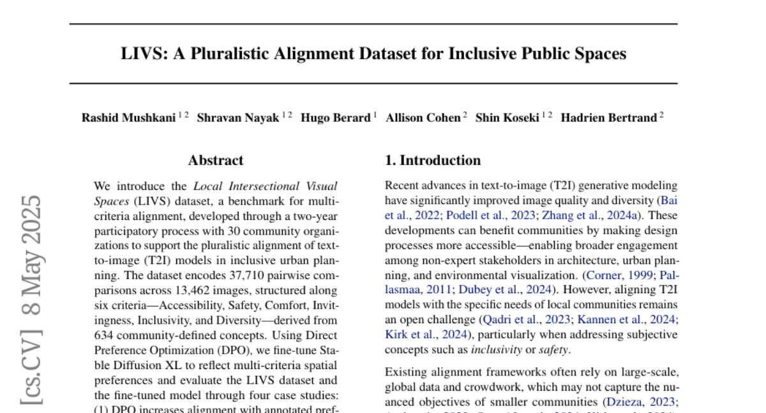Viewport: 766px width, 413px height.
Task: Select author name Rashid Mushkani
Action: pyautogui.click(x=128, y=118)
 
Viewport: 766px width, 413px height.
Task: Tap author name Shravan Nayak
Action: pyautogui.click(x=237, y=118)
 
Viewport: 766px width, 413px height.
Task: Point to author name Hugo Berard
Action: pyautogui.click(x=335, y=118)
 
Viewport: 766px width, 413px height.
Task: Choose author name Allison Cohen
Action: pyautogui.click(x=423, y=118)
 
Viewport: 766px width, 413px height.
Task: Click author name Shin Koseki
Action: pyautogui.click(x=507, y=118)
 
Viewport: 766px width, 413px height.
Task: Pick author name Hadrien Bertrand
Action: pyautogui.click(x=608, y=118)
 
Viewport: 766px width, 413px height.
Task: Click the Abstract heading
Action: pyautogui.click(x=216, y=161)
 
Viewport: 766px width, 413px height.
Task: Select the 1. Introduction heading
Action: pyautogui.click(x=433, y=161)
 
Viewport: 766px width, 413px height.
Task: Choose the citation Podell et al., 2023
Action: pyautogui.click(x=491, y=215)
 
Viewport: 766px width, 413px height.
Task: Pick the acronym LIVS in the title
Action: pyautogui.click(x=144, y=54)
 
